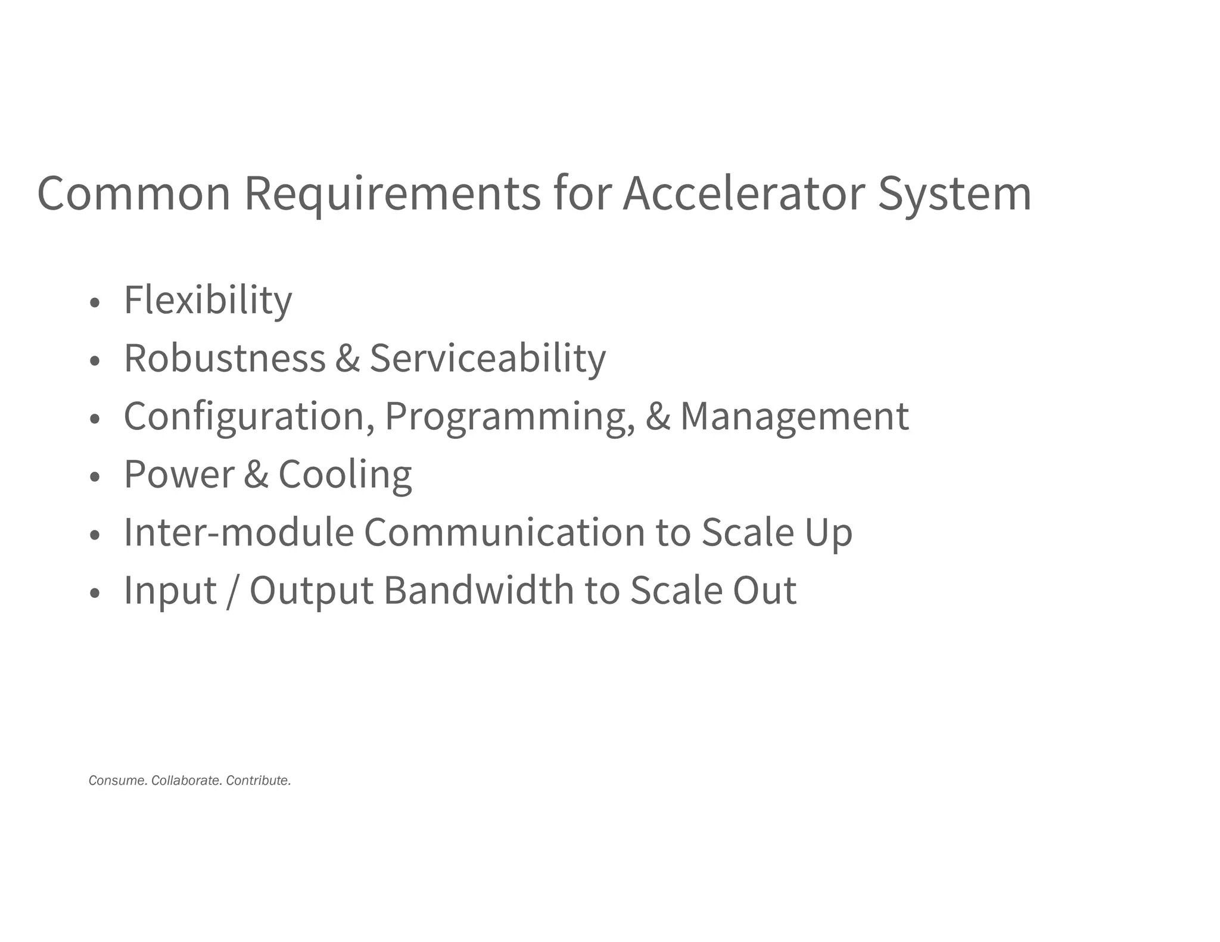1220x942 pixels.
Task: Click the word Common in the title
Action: [x=133, y=194]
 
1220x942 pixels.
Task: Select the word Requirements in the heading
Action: [x=393, y=194]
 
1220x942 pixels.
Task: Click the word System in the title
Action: [x=954, y=194]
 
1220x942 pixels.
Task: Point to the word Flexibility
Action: [x=208, y=300]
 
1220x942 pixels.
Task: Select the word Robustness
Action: [x=225, y=358]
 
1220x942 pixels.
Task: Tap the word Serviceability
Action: [x=487, y=358]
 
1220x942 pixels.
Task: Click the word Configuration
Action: [x=249, y=416]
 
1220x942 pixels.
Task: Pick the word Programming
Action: [x=510, y=416]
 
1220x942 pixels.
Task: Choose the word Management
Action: [x=794, y=416]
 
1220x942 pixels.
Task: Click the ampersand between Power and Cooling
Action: [x=256, y=475]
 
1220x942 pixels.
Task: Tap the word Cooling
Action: [x=345, y=475]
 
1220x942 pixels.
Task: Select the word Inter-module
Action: [x=238, y=532]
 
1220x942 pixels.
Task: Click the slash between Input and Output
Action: [x=232, y=591]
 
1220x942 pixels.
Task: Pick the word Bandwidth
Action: [x=478, y=591]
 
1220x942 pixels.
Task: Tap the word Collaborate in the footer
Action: [x=186, y=781]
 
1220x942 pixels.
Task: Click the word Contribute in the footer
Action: [x=259, y=781]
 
